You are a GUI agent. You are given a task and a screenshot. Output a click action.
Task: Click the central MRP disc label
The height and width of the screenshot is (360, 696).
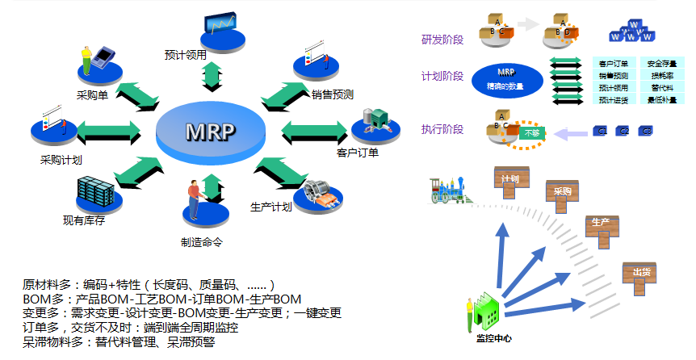click(212, 131)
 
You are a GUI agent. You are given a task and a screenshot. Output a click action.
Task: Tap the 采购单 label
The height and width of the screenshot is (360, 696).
click(94, 94)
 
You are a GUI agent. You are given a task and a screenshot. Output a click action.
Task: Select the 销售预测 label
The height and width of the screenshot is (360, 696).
click(333, 94)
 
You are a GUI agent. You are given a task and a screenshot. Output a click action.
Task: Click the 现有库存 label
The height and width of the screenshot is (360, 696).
click(84, 219)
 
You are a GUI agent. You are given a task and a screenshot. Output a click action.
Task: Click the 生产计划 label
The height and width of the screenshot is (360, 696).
click(270, 207)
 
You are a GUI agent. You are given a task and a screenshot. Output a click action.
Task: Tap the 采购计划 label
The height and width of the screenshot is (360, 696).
click(61, 159)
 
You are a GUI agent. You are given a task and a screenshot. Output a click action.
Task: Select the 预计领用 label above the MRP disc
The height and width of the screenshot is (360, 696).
click(185, 55)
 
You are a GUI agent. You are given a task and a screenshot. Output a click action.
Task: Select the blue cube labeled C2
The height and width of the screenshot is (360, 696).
click(623, 131)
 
